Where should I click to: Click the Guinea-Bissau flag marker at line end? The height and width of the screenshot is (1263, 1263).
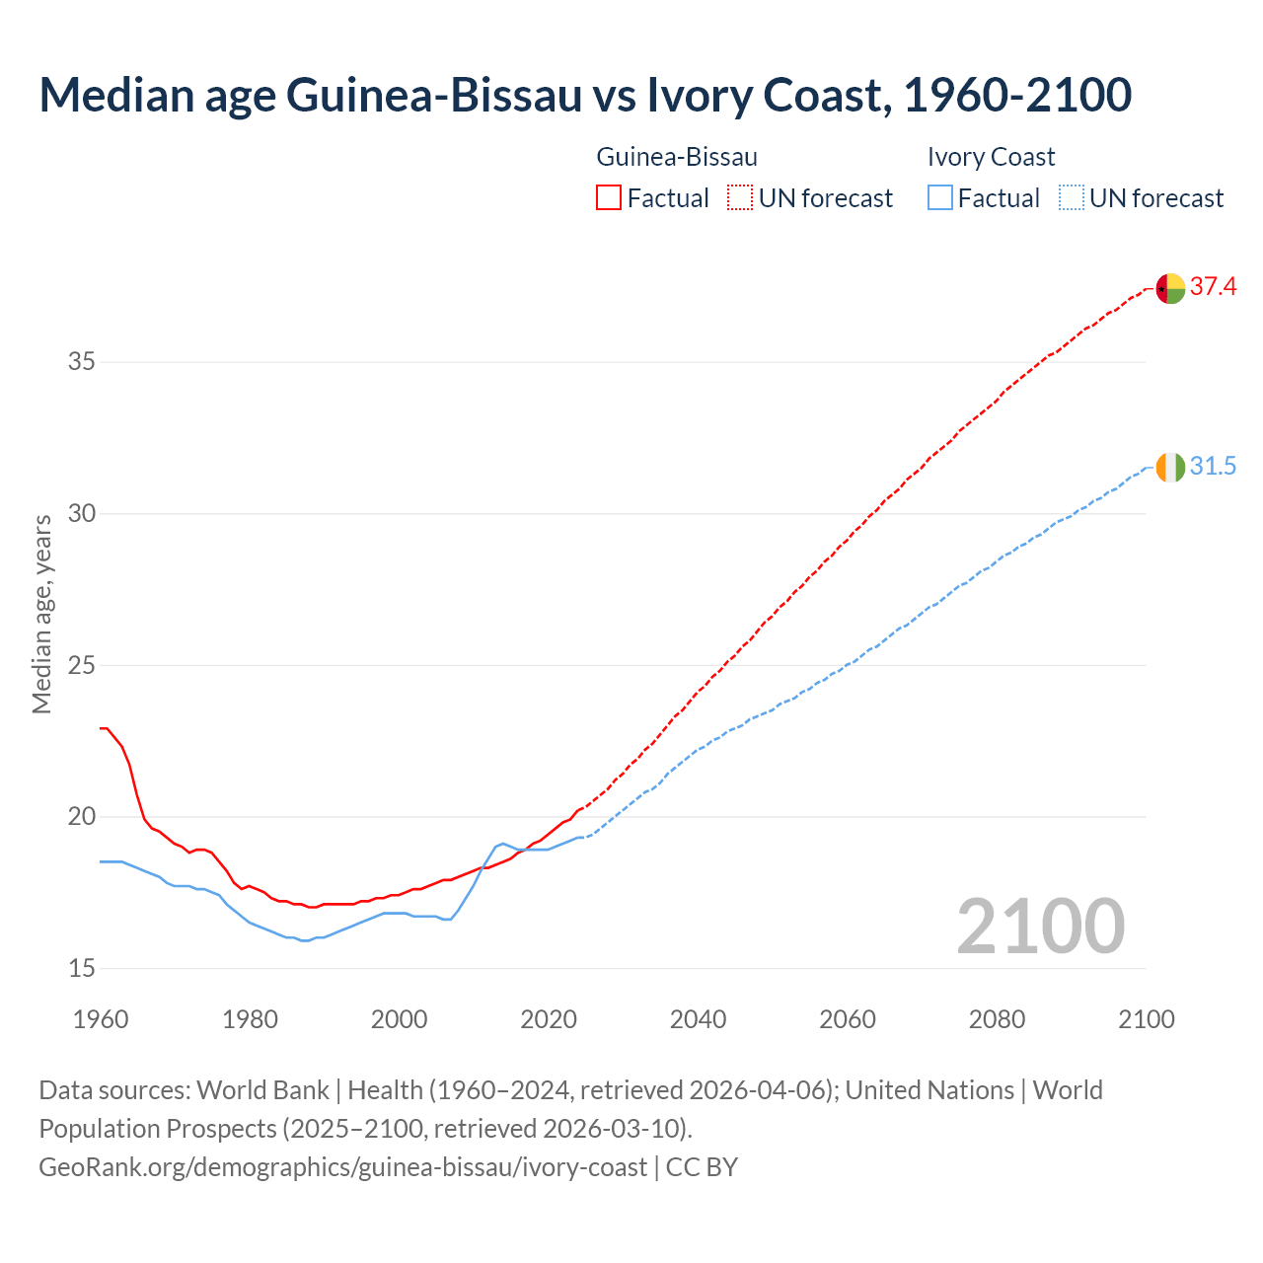(1170, 288)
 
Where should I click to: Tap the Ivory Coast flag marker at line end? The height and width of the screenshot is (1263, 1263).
(1170, 467)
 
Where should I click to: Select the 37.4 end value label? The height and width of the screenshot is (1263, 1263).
(1213, 287)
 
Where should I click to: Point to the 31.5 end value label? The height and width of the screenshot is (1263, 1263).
(1213, 466)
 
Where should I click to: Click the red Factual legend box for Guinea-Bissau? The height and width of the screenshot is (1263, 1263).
(609, 198)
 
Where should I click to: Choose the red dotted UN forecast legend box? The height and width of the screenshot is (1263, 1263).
(740, 198)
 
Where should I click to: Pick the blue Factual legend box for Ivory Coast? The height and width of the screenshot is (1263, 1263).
(940, 198)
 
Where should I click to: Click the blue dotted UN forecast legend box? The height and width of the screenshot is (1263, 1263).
(1071, 198)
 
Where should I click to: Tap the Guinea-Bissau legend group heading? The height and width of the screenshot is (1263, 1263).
(677, 157)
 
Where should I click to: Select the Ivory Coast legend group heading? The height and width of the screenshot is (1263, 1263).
(991, 157)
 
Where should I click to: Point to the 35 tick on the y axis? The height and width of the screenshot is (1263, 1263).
(81, 362)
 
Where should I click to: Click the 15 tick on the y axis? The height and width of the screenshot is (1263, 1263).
(81, 968)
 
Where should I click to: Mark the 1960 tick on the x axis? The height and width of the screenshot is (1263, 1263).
(101, 1019)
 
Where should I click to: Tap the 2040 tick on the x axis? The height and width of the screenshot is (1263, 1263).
(698, 1019)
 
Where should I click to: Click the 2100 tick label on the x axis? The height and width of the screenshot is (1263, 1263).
(1146, 1019)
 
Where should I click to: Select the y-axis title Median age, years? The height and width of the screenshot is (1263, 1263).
(41, 614)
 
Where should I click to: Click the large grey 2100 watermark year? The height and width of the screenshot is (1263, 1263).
(1040, 927)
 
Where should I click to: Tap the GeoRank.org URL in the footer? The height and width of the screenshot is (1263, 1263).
(342, 1167)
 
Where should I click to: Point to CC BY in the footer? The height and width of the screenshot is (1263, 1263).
(702, 1167)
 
